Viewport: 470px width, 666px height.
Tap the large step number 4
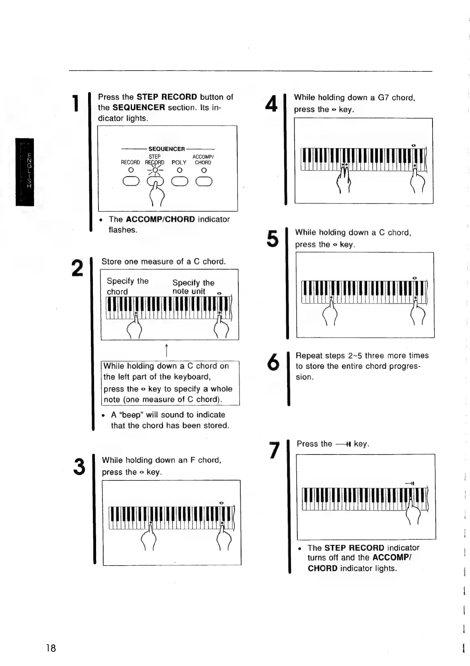click(271, 104)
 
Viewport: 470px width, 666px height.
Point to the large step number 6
click(273, 362)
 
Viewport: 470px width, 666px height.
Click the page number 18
click(51, 648)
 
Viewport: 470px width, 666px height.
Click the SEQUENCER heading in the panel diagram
click(167, 149)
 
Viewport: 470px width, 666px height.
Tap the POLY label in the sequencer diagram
click(179, 163)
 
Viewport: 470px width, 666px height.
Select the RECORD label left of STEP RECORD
click(130, 163)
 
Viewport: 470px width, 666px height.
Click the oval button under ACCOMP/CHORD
click(204, 182)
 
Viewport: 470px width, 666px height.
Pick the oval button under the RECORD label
click(131, 182)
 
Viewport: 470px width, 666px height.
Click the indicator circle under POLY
click(179, 170)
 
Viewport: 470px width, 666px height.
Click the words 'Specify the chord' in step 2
click(127, 286)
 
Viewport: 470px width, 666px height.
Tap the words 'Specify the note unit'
click(193, 287)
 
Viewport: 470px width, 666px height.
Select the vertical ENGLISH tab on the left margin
click(25, 172)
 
